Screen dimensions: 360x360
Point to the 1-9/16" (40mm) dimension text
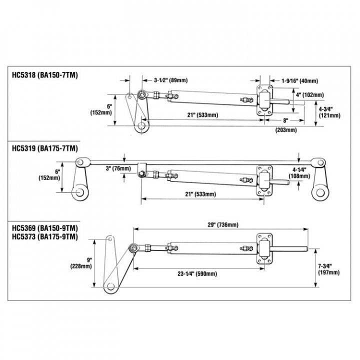point(299,80)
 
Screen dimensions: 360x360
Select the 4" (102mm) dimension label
point(309,94)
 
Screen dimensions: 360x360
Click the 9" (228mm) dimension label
point(82,263)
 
